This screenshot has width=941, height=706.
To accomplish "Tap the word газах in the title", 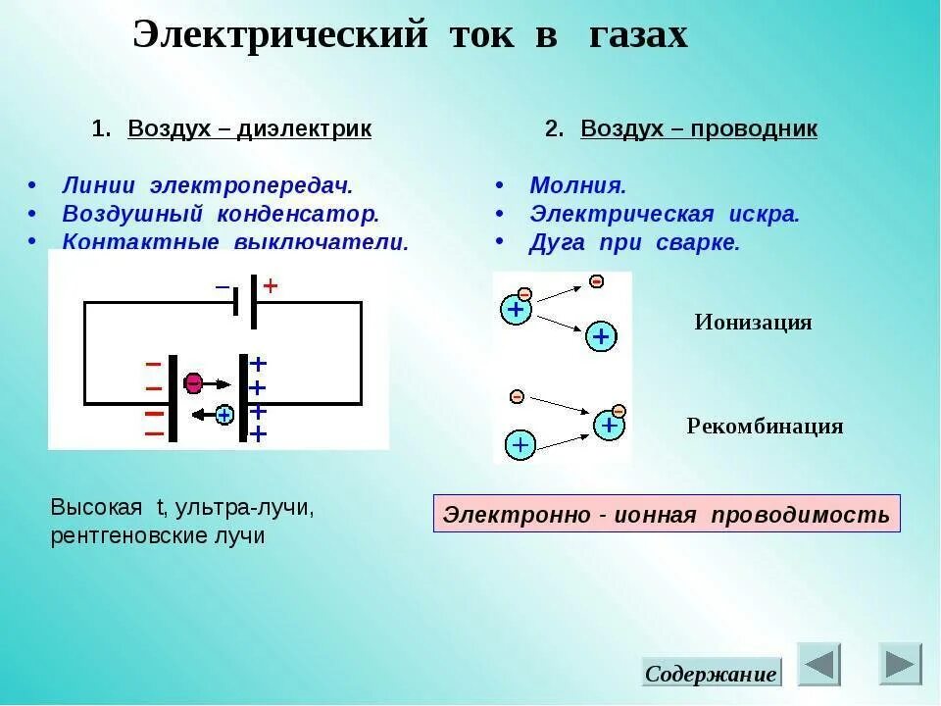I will point(638,36).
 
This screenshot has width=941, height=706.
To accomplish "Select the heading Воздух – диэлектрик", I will point(249,129).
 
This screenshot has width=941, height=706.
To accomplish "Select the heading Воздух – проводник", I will point(698,129).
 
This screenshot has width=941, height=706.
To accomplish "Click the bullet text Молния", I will point(577,185).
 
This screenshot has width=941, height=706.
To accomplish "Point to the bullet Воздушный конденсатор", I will point(221,214).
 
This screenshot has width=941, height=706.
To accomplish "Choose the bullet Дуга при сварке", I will point(634,243).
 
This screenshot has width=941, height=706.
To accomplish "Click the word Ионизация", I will point(753,323).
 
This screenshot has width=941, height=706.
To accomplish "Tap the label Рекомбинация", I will point(765,427).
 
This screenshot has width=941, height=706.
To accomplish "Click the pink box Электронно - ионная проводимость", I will point(667,514).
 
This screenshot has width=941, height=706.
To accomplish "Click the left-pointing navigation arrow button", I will point(818,664).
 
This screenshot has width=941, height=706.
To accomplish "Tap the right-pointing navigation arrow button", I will point(900,664).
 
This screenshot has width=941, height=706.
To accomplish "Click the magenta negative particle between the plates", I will point(194,380).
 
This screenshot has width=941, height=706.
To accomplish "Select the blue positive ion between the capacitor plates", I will point(224,415).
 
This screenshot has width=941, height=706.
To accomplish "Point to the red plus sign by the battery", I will point(271,286).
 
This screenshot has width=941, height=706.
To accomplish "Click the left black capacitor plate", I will point(173,398).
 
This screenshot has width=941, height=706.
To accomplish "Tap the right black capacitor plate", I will point(243,398).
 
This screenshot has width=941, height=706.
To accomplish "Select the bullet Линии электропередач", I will point(207,185).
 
